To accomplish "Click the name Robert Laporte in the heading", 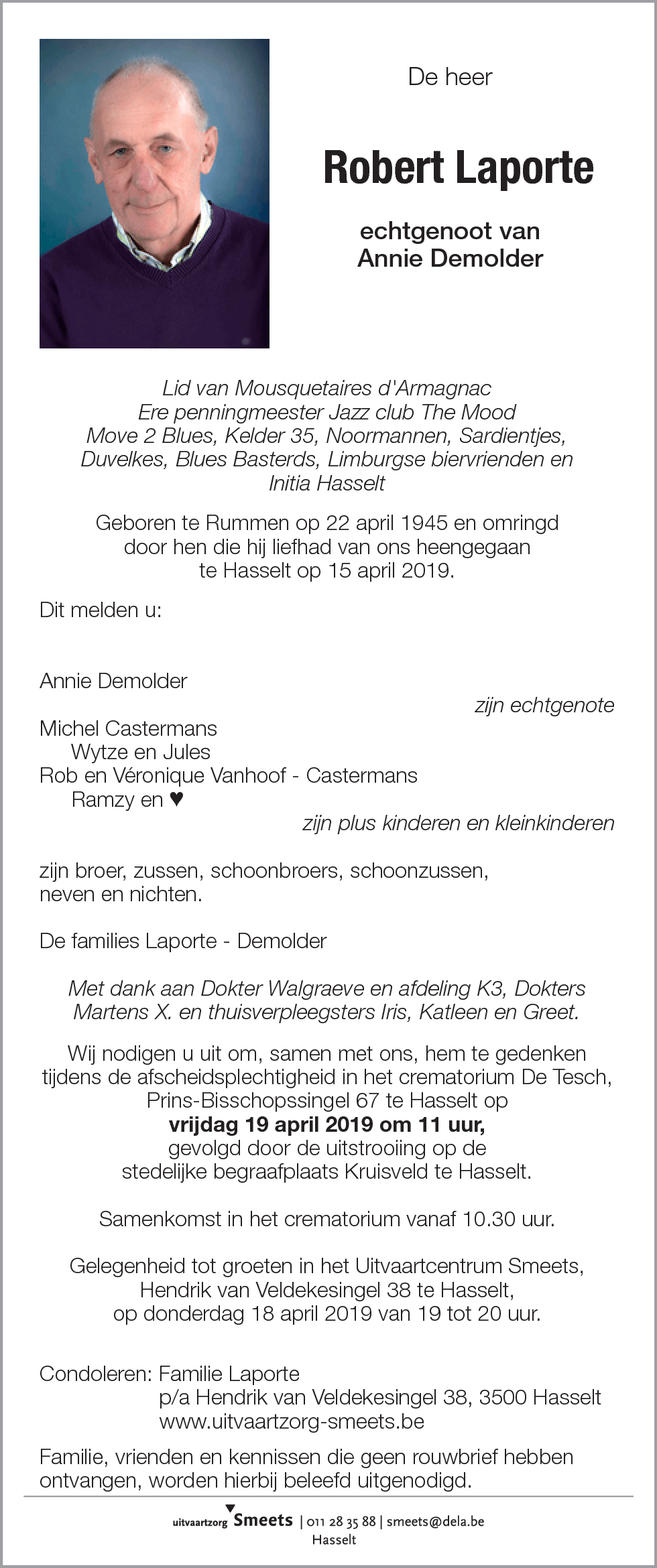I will (x=459, y=168).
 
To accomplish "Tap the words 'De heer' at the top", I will (x=450, y=77).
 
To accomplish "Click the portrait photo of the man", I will (x=154, y=194).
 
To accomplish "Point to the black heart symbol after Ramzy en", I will (x=176, y=799).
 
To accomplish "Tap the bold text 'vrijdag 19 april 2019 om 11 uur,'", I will (x=327, y=1124).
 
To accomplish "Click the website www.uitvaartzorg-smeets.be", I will (x=292, y=1421).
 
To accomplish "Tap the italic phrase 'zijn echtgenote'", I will (x=544, y=705).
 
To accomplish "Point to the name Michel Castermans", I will (x=128, y=728).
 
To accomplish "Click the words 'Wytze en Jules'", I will (x=140, y=752).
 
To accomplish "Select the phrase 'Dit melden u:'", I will (x=101, y=610).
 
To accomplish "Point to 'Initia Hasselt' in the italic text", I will (x=327, y=483).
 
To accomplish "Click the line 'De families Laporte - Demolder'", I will (x=183, y=941).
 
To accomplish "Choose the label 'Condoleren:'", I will (x=95, y=1374).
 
